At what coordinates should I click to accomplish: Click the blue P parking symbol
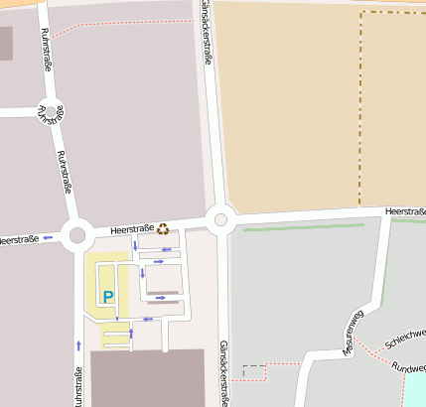108,297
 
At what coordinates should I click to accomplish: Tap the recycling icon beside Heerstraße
163,229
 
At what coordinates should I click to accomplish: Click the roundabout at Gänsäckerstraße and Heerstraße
219,220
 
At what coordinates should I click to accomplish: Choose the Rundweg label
408,367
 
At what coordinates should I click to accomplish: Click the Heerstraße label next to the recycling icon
131,229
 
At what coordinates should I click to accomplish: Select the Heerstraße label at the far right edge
405,211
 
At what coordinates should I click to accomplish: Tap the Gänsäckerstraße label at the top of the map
206,30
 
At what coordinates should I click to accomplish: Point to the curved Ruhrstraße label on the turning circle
49,114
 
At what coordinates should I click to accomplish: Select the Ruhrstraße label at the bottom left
77,387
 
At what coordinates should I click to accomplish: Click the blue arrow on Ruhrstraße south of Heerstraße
78,345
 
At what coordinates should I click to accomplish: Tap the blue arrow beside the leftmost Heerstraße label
48,238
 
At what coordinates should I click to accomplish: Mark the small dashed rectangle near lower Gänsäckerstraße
255,372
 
